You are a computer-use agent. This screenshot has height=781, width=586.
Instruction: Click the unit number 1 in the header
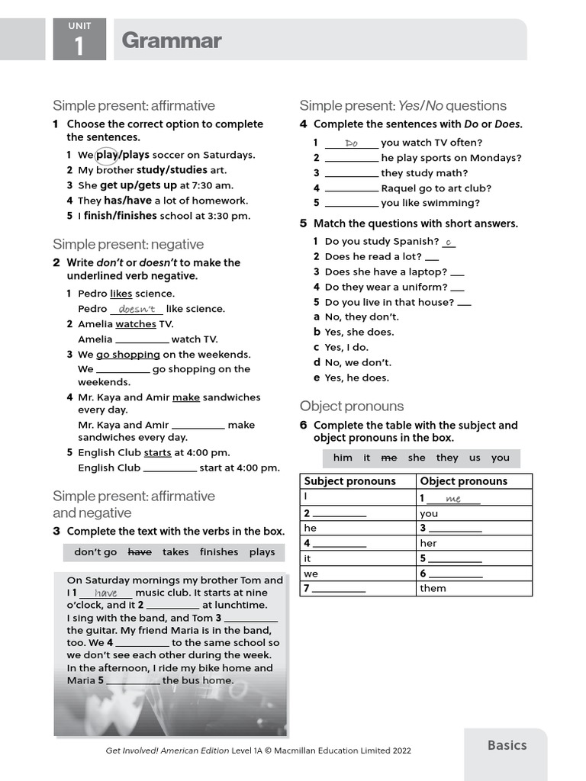point(79,47)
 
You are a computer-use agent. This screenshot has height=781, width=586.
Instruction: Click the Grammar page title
point(171,40)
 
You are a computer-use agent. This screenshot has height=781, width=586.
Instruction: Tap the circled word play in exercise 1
point(106,155)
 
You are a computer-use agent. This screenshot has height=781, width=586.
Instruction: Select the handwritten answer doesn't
point(137,309)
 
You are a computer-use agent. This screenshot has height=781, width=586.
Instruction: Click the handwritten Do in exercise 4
point(351,143)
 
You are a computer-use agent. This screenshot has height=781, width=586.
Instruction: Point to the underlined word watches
point(135,324)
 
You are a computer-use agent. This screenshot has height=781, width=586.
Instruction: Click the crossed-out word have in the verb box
point(140,552)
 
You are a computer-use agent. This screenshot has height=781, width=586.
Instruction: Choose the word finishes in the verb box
point(219,552)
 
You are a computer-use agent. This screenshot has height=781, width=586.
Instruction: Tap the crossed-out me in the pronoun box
point(389,458)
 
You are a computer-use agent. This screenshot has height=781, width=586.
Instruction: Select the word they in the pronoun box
point(447,458)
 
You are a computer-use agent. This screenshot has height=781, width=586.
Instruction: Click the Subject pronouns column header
point(349,481)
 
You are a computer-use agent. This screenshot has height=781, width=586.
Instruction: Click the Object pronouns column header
point(463,481)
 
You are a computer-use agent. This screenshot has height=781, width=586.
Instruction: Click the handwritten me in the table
point(453,499)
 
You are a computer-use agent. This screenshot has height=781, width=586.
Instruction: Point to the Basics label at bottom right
point(507,745)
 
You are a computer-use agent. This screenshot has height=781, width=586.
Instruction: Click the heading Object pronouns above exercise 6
point(352,406)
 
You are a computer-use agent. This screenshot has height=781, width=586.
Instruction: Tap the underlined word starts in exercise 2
point(157,453)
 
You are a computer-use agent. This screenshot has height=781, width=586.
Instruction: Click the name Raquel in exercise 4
point(399,188)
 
